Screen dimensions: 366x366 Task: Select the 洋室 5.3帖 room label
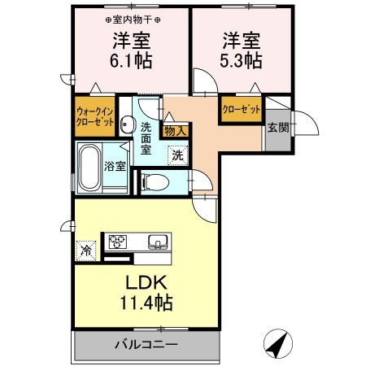click(240, 50)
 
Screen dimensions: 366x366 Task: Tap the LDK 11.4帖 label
click(146, 291)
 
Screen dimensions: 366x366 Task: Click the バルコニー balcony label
click(146, 345)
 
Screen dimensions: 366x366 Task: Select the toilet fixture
click(155, 181)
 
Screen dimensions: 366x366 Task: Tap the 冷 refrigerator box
click(85, 251)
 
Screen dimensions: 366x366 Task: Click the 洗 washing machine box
click(176, 155)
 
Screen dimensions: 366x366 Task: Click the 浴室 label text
click(114, 167)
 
